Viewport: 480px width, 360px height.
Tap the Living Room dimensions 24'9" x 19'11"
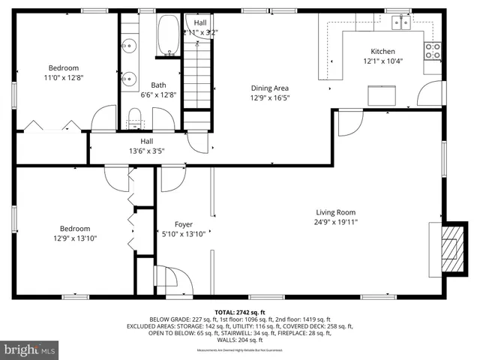(335, 221)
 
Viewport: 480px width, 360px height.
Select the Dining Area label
(269, 88)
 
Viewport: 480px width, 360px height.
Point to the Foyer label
(184, 224)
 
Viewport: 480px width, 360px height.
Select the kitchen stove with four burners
(433, 50)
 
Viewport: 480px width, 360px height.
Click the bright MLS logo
(31, 349)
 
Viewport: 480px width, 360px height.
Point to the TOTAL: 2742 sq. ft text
(240, 312)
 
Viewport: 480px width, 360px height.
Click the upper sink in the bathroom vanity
(128, 44)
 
